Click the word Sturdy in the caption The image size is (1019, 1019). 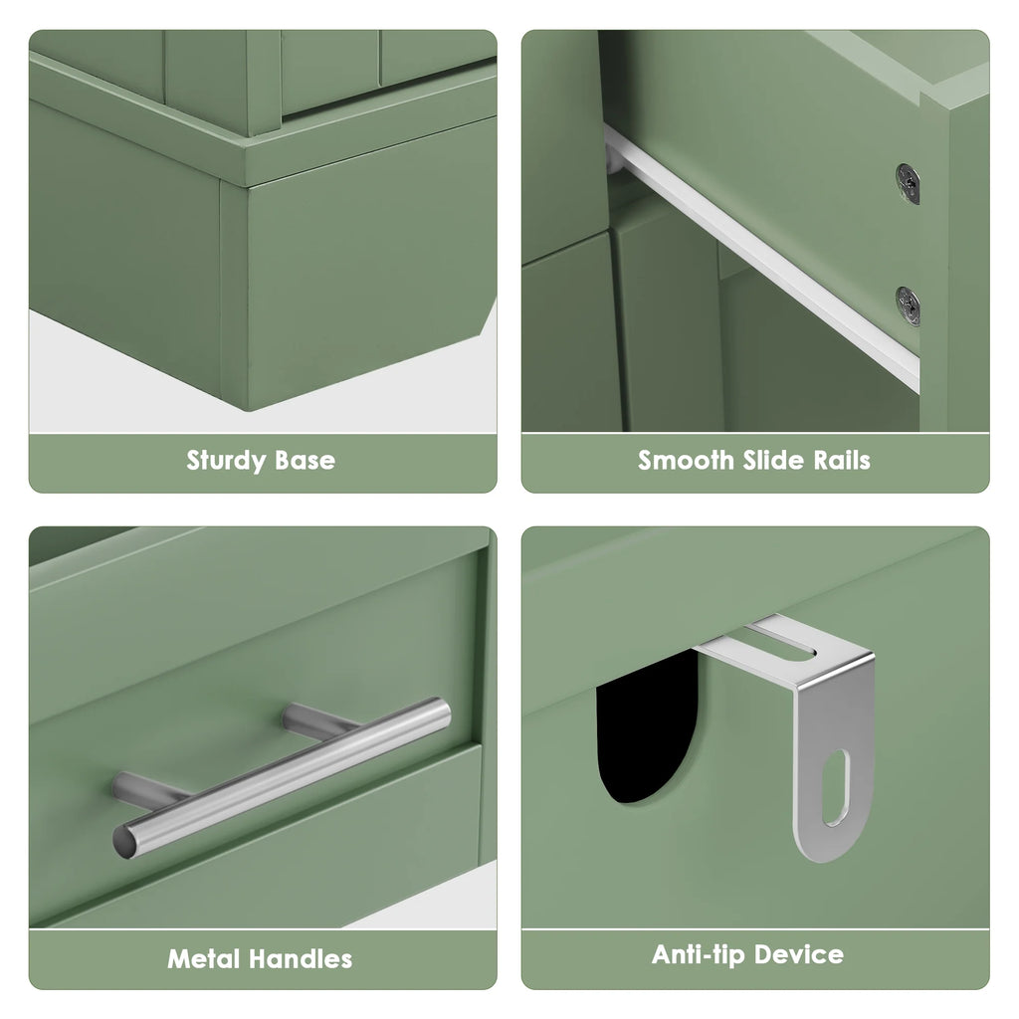click(226, 461)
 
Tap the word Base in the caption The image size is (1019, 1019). click(306, 460)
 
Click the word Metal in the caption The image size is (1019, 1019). click(204, 958)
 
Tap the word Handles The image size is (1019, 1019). click(301, 958)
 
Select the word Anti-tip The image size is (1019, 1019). click(699, 954)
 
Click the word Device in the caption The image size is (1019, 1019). click(799, 954)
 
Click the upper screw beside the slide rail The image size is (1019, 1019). click(908, 183)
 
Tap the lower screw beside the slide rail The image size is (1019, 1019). click(908, 306)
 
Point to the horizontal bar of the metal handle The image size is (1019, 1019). click(282, 778)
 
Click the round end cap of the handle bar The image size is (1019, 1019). click(125, 842)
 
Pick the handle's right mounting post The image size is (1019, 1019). click(318, 719)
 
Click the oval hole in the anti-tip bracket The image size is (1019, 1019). click(836, 788)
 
